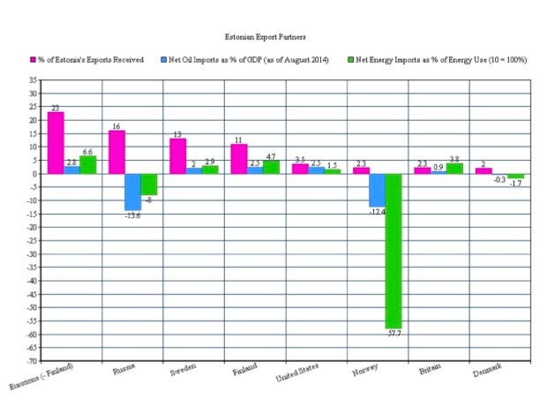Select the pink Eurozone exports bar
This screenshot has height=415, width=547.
point(56,142)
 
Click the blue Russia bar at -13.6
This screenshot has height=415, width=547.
point(132,192)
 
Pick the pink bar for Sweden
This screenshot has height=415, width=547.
point(177,156)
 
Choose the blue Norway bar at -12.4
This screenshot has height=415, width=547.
point(377,190)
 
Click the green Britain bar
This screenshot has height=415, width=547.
point(454,169)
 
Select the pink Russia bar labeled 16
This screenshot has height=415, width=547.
point(116,152)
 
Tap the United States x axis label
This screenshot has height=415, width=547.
point(300,373)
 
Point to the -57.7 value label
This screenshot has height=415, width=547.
point(393,334)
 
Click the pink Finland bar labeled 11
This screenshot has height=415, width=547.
point(239,159)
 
